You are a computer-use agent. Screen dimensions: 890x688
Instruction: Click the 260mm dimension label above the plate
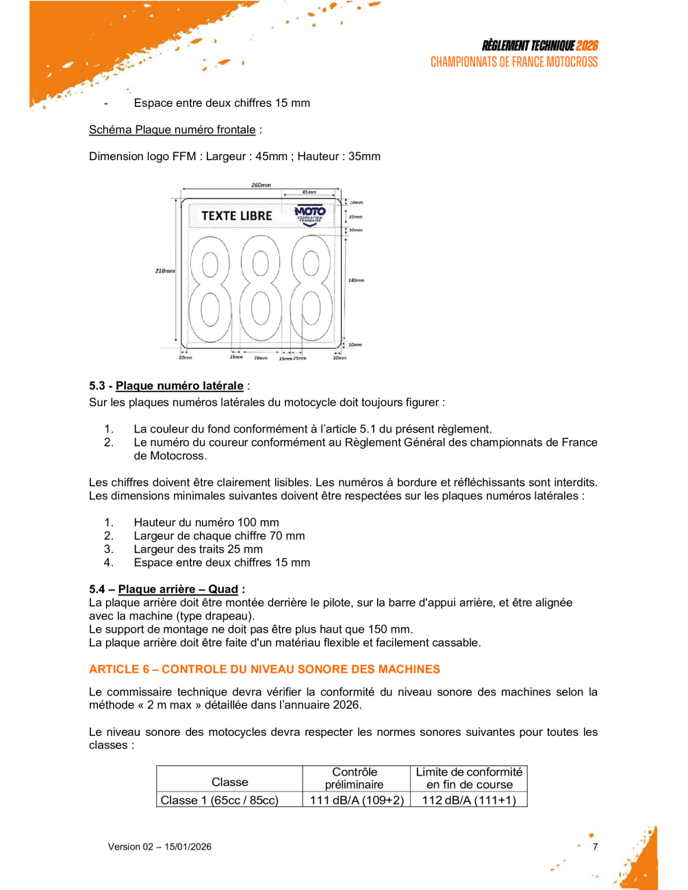click(x=261, y=185)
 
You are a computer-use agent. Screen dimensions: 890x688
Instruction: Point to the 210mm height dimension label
click(x=164, y=271)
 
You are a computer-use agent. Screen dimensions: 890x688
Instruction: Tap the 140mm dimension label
click(x=356, y=280)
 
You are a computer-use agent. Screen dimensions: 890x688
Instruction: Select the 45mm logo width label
click(x=309, y=192)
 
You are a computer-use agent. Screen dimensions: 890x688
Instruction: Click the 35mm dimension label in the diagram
click(x=356, y=216)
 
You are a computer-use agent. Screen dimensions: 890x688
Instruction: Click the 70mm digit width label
click(x=261, y=358)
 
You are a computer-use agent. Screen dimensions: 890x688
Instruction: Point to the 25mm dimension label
click(x=300, y=358)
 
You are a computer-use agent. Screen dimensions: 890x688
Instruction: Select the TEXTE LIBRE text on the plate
click(x=237, y=216)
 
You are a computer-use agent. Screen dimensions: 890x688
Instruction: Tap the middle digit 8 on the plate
click(x=261, y=289)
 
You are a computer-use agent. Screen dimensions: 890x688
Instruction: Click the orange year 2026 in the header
click(x=587, y=46)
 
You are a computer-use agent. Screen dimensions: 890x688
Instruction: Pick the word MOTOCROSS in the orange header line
click(x=572, y=62)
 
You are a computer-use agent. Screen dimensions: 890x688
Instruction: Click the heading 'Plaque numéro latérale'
click(x=179, y=386)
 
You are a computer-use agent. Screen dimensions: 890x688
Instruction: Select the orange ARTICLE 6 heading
click(x=264, y=670)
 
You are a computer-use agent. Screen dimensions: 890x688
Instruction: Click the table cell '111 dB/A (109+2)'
click(x=357, y=800)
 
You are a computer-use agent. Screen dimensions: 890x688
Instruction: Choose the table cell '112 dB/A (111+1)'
click(x=469, y=800)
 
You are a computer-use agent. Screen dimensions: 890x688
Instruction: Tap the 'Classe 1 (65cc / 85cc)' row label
click(x=219, y=800)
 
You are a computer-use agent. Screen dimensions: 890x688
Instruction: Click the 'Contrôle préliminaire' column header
click(x=355, y=778)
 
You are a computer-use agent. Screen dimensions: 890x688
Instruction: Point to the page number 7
click(x=595, y=847)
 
